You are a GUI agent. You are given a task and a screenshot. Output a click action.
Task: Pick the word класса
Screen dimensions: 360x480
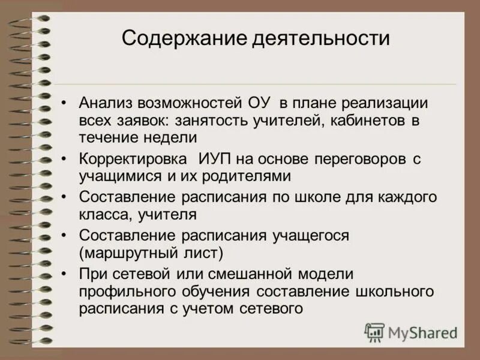tap(106, 214)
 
